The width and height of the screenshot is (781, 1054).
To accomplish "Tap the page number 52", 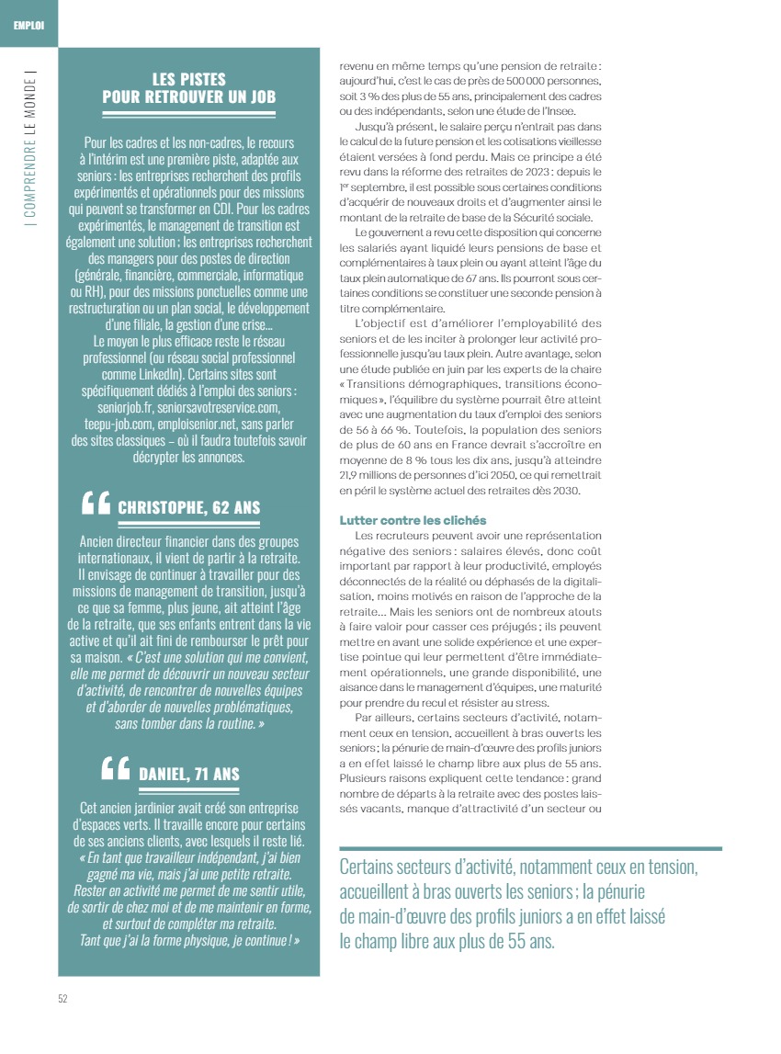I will tap(62, 999).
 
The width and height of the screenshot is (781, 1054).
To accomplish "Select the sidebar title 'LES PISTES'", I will tap(188, 80).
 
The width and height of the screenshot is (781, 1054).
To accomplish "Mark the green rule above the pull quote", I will tap(530, 848).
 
